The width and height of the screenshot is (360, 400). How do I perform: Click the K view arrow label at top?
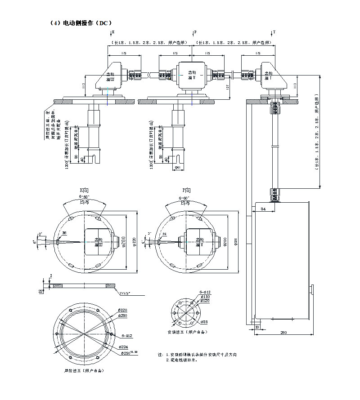pos(113,32)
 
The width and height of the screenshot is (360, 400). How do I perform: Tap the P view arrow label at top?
pos(195,32)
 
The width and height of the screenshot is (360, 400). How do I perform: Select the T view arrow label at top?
pos(274,32)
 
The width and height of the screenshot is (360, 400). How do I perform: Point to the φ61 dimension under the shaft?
pos(177,168)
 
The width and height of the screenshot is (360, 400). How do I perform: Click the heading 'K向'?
pos(84,190)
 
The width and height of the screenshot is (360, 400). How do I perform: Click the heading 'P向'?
pos(186,190)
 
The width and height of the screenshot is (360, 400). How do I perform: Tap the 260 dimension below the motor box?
pos(283,333)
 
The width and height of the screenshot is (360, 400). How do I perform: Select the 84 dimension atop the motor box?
pos(263,209)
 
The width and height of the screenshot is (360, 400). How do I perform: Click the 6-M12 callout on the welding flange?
pos(126,336)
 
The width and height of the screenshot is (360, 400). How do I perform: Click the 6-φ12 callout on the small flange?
pos(205,293)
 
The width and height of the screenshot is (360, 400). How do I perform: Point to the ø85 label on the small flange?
pos(204,322)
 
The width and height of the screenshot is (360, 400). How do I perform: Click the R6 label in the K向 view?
pos(64,233)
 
